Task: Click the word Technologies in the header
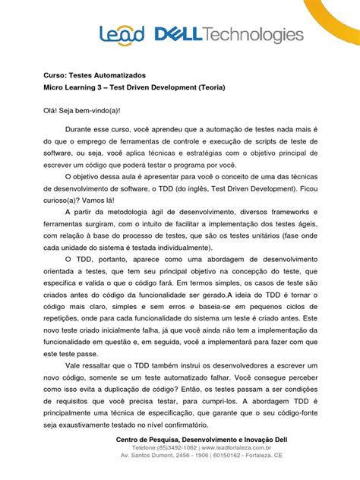tap(254, 35)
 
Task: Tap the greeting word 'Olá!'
tap(49, 111)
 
